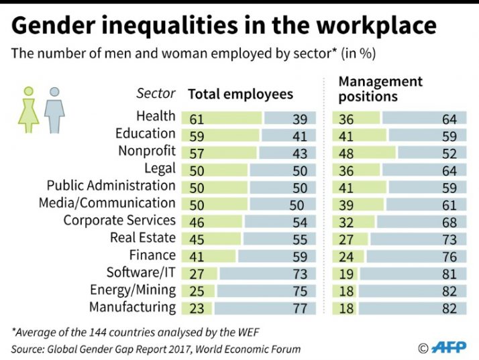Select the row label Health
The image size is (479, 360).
coord(156,117)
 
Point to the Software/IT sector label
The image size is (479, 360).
coord(141,273)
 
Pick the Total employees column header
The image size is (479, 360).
coord(240,94)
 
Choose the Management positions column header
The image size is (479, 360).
coord(380,88)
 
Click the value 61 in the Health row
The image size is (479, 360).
coord(197,119)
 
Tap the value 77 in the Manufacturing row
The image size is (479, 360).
coord(299,309)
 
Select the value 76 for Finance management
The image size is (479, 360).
coord(449,257)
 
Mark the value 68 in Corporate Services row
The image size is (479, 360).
coord(449,222)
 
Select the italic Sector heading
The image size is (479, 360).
coord(156,94)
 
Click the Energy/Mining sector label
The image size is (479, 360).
coord(133,290)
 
